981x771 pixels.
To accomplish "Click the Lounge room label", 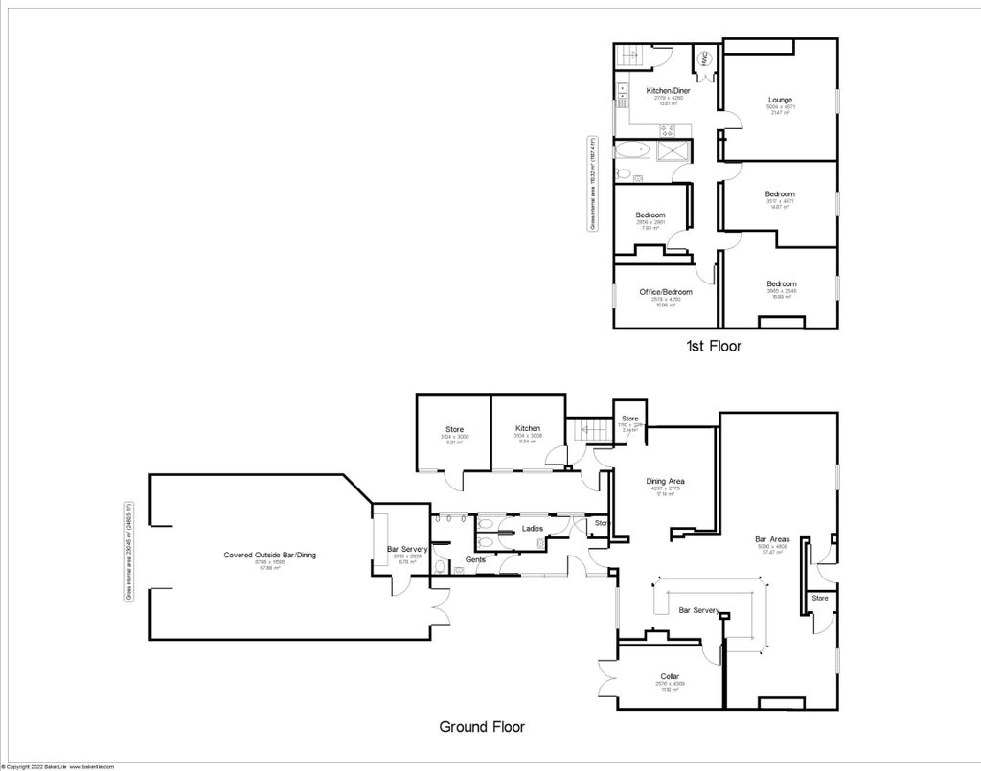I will coord(780,100).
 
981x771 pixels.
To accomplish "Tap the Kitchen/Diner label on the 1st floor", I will coord(668,91).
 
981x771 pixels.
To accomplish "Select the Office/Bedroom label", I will coord(666,292).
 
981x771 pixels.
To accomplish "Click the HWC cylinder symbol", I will coord(704,58).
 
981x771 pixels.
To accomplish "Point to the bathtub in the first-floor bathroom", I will coord(633,150).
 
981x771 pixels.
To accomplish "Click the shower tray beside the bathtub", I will coord(673,150).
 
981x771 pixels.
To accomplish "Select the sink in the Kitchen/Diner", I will coord(622,92).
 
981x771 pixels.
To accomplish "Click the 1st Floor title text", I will coord(713,346).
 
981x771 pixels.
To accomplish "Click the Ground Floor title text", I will coord(482,727).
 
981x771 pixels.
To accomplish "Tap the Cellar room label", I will coord(669,676).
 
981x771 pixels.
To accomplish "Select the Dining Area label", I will coord(665,482).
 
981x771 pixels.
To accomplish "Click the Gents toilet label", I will coord(476,559).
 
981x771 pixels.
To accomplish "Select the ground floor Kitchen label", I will coord(527,428).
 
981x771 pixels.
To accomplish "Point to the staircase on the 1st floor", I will coord(630,57).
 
